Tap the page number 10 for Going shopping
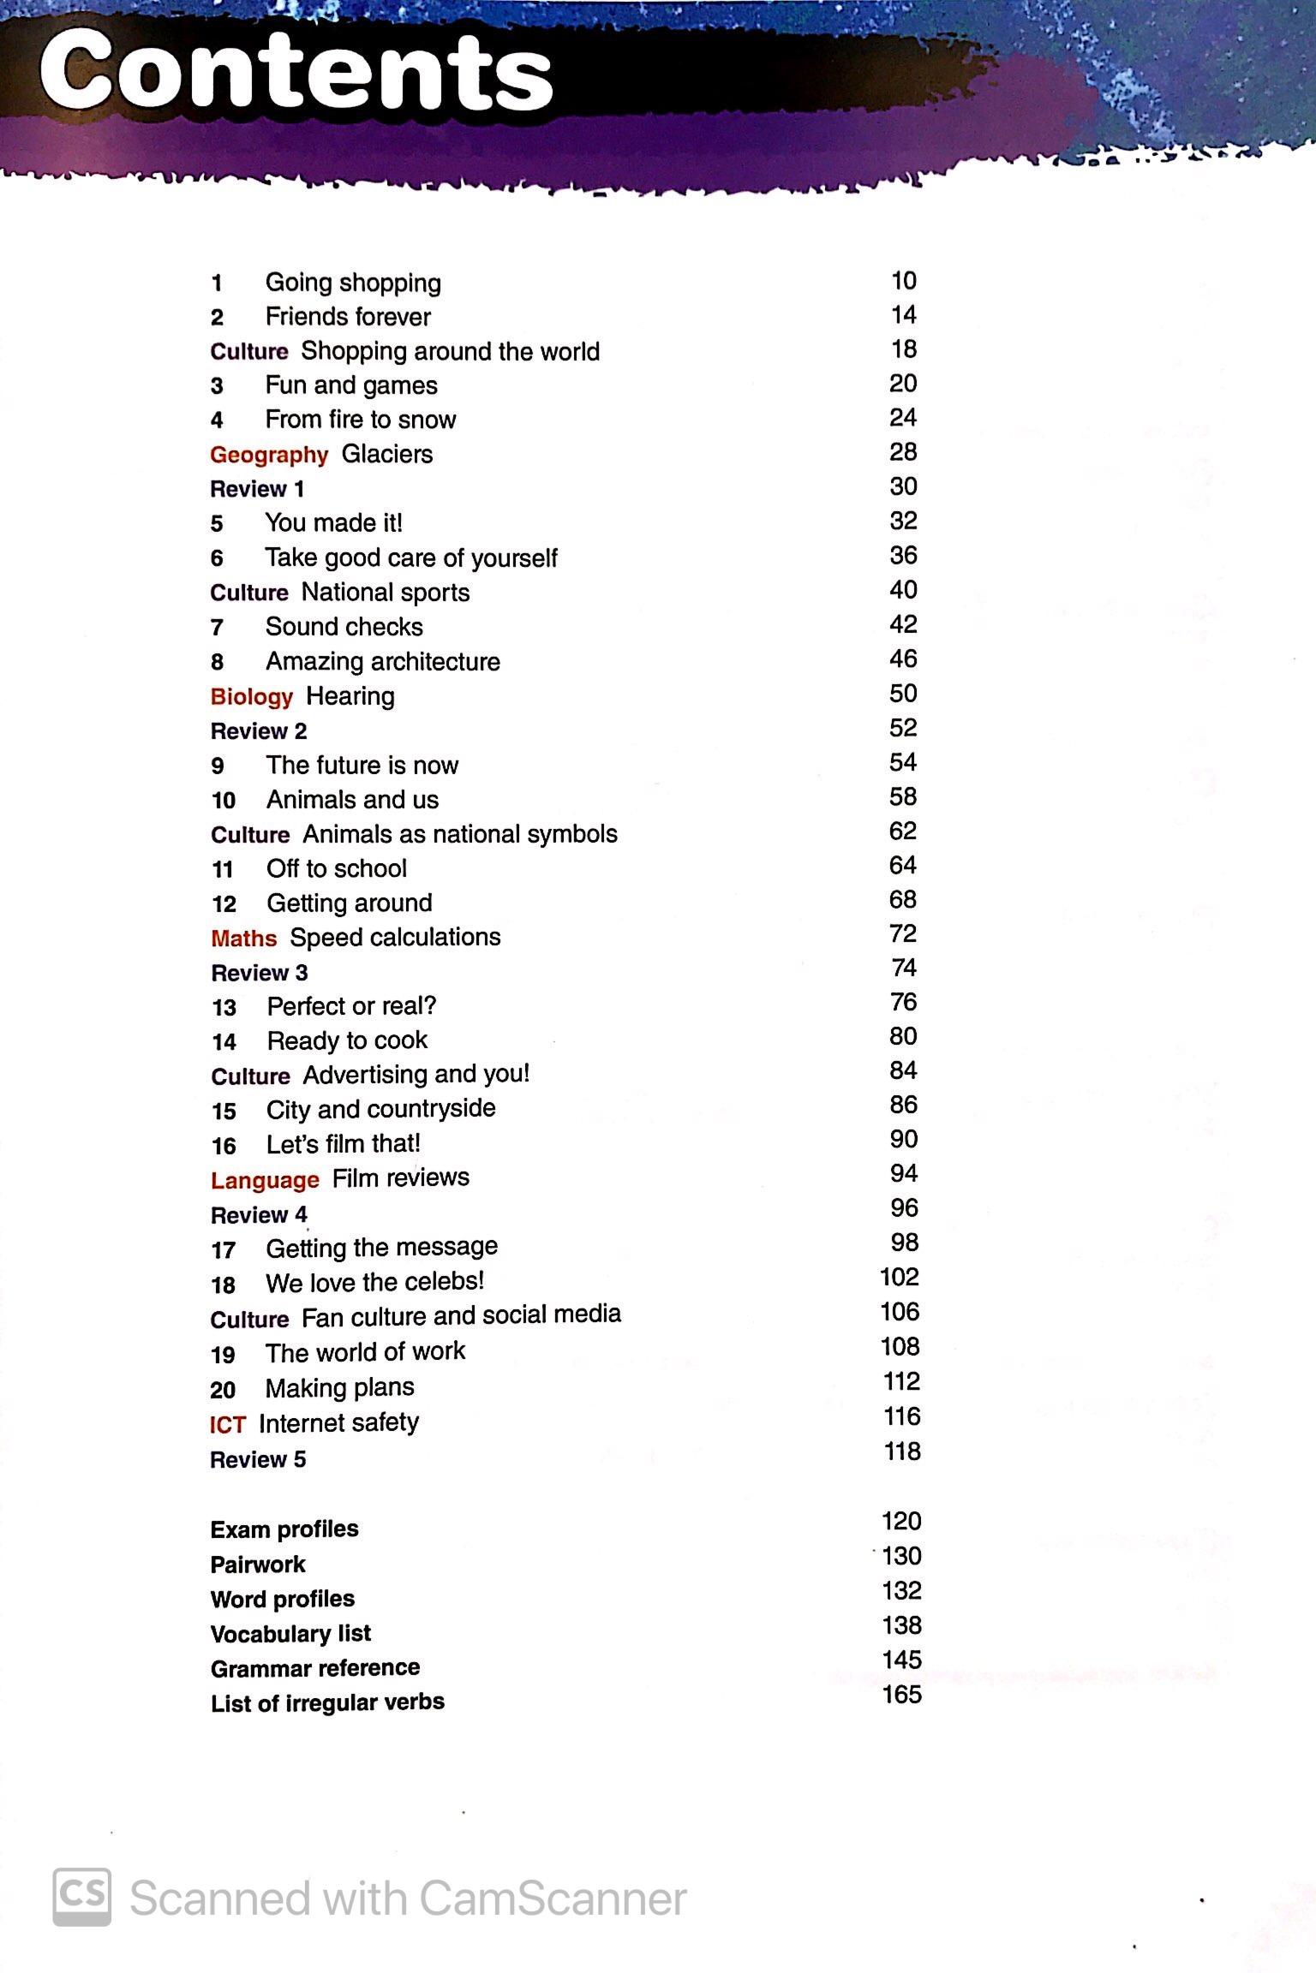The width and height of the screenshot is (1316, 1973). [903, 281]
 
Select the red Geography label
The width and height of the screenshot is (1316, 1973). [269, 455]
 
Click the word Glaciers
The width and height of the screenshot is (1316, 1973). [387, 454]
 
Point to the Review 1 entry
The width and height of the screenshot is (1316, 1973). [257, 489]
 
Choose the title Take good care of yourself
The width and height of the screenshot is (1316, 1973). [411, 558]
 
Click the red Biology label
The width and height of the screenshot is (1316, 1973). [251, 696]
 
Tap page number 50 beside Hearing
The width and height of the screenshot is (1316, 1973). [903, 694]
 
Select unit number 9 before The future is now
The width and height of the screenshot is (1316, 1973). [218, 766]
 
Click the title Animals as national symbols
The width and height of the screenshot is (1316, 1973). [460, 834]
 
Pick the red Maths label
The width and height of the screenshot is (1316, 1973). [243, 939]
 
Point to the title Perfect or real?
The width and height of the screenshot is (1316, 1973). [351, 1006]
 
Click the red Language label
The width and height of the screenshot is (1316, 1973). [265, 1180]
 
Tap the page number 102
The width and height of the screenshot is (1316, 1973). [899, 1278]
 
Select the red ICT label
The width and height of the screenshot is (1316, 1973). [227, 1424]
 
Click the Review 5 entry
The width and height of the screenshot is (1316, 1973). [258, 1459]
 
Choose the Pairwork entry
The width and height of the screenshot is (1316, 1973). [258, 1565]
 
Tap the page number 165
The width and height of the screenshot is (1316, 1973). [901, 1695]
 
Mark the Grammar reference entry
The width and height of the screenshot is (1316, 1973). [315, 1668]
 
